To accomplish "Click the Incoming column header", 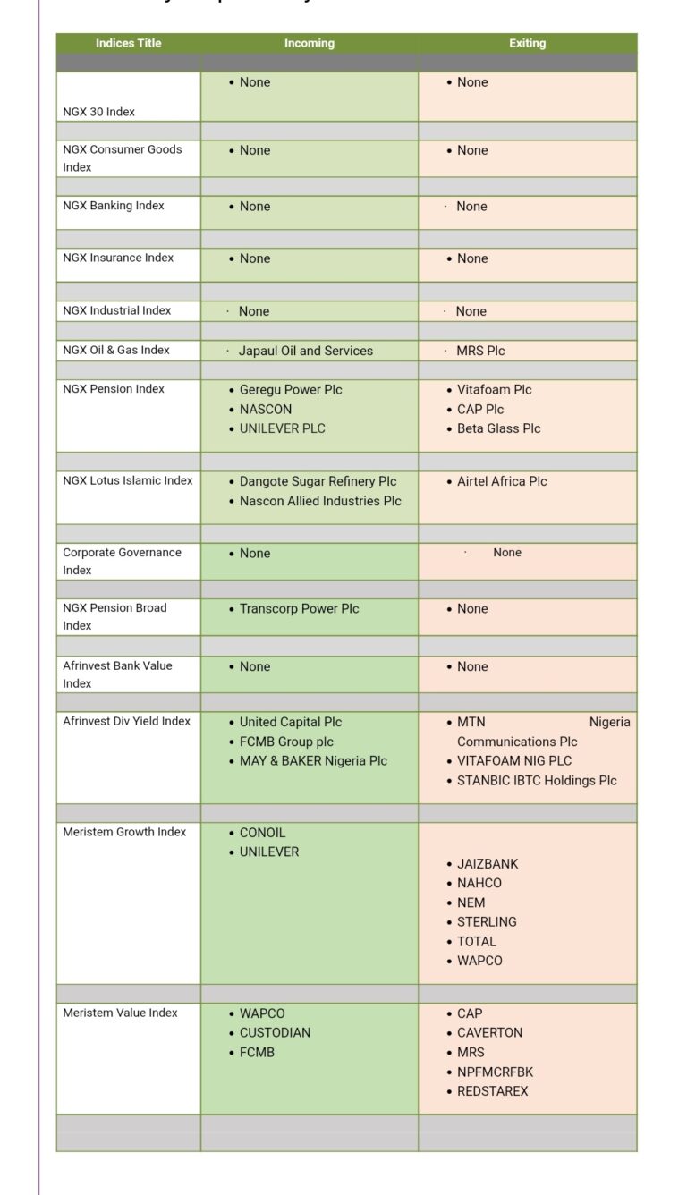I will pos(310,43).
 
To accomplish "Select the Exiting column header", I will pos(527,43).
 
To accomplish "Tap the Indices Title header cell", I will pos(129,43).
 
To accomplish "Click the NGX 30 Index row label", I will pos(99,112).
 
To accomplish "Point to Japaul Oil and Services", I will pos(306,351).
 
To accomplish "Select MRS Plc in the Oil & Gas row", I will pos(480,351).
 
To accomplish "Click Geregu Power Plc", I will pos(291,390).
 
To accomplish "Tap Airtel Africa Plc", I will pos(502,481).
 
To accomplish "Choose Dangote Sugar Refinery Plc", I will pos(318,481).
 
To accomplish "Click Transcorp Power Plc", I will pos(299,608).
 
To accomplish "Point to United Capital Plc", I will pos(291,722).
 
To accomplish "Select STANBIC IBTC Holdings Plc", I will pos(537,780).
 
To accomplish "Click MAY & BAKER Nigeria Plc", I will pos(313,760).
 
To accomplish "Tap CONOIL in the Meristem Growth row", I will pos(263,833).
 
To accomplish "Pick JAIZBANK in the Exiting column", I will pos(488,864).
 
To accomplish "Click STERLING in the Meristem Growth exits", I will pos(487,921).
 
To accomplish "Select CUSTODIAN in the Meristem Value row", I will pos(275,1032).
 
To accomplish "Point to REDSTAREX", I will pos(493,1091).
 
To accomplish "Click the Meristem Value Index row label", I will pos(120,1013).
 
